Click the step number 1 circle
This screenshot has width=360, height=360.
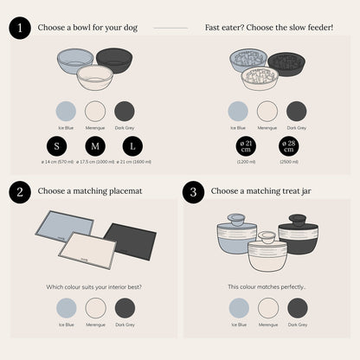(x=19, y=27)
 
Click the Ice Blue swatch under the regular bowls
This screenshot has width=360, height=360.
(x=66, y=111)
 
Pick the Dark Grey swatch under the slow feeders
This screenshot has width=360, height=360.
(x=296, y=111)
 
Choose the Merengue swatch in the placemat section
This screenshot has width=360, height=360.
(x=94, y=307)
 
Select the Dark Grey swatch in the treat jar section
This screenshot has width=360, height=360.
(x=297, y=307)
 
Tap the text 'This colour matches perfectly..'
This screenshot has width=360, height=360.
(x=266, y=286)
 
